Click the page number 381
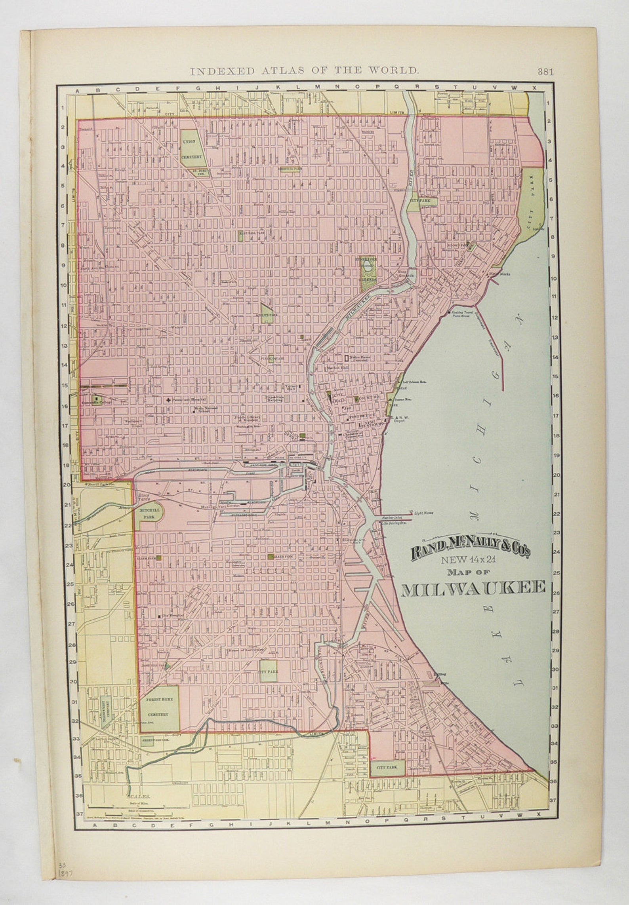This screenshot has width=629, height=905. (x=545, y=72)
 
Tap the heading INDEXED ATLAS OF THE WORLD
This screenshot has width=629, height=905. (x=304, y=71)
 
